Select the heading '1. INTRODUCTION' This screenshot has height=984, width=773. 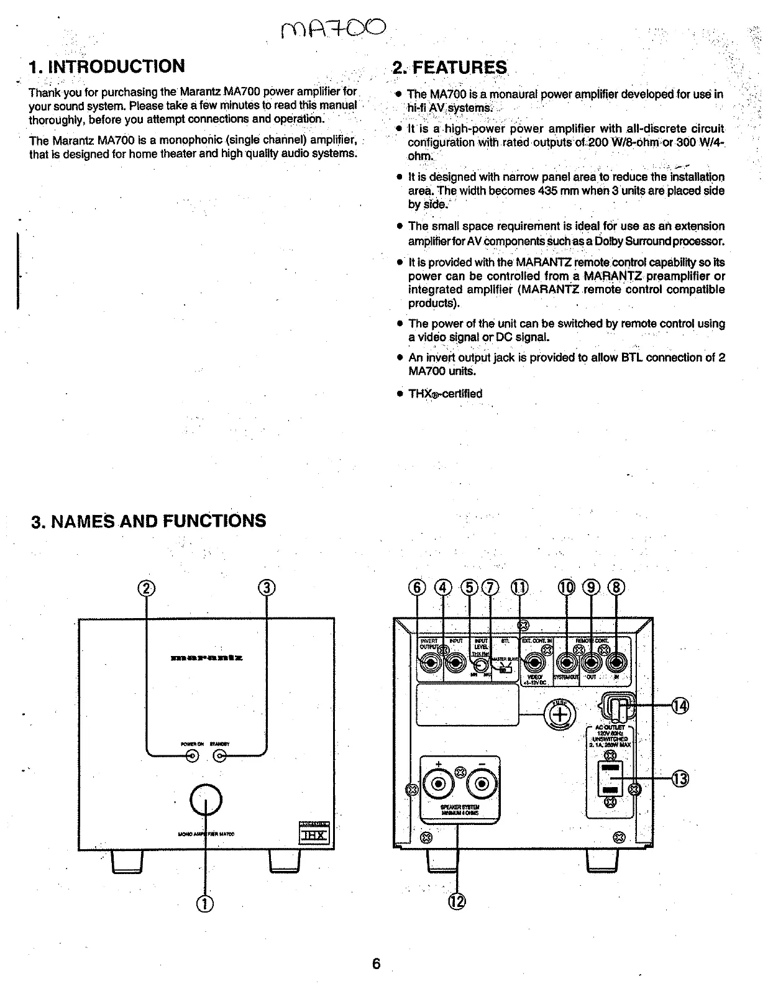[x=107, y=66]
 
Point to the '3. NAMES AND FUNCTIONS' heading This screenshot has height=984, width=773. [x=149, y=521]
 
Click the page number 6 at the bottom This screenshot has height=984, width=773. [x=376, y=963]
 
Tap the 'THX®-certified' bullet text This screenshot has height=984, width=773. [x=445, y=394]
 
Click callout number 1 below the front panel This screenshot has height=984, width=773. [x=206, y=903]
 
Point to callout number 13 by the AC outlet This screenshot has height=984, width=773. [x=681, y=779]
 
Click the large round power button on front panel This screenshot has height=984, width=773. [x=206, y=798]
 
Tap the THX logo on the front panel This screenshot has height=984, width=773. [x=313, y=834]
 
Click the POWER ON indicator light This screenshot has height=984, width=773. [x=193, y=756]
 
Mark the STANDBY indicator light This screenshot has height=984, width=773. [x=220, y=756]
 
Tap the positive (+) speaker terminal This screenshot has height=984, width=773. [x=438, y=785]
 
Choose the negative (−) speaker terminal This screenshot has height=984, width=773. [x=482, y=785]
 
